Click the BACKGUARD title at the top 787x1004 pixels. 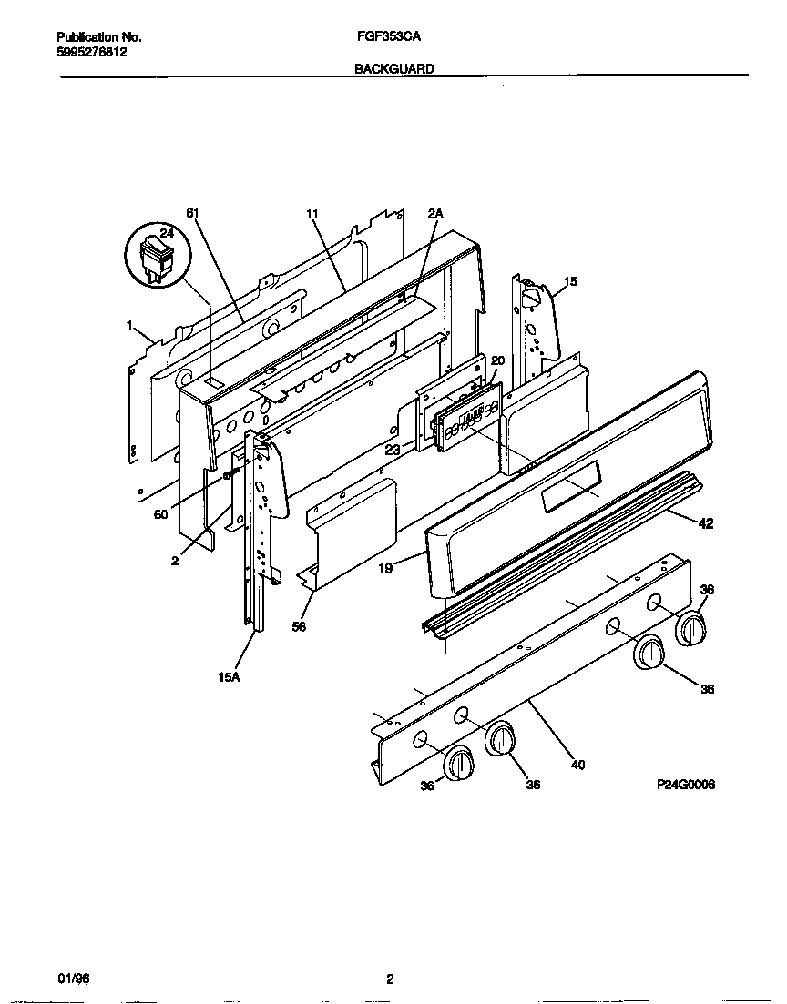[393, 68]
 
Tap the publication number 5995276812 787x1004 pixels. [91, 53]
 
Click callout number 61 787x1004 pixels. [192, 213]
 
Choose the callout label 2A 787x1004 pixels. [434, 213]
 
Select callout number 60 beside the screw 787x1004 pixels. [161, 515]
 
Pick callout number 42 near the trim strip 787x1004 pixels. [706, 523]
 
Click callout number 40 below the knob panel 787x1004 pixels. [577, 765]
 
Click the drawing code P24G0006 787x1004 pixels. [685, 784]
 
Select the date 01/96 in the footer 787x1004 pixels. [72, 979]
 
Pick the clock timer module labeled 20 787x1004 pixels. [467, 414]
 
